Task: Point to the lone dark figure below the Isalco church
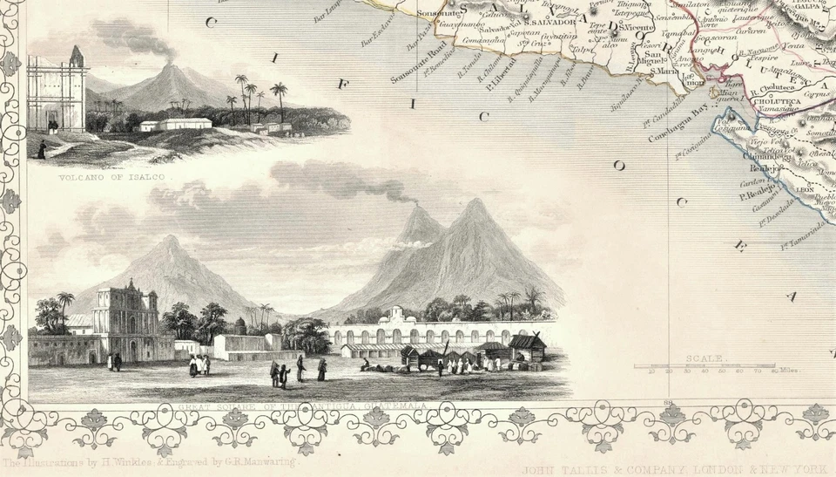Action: (x=40, y=149)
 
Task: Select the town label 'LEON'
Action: (x=805, y=188)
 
